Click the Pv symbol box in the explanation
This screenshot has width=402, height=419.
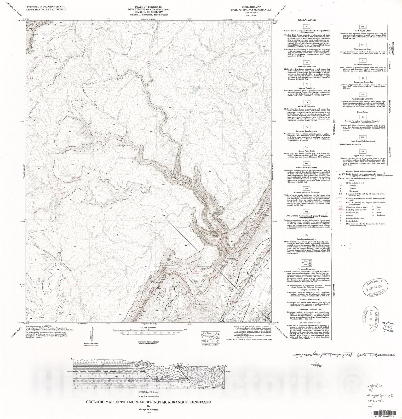(307, 62)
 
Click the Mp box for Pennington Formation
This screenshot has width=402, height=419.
(306, 235)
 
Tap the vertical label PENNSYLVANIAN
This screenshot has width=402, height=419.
(334, 123)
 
